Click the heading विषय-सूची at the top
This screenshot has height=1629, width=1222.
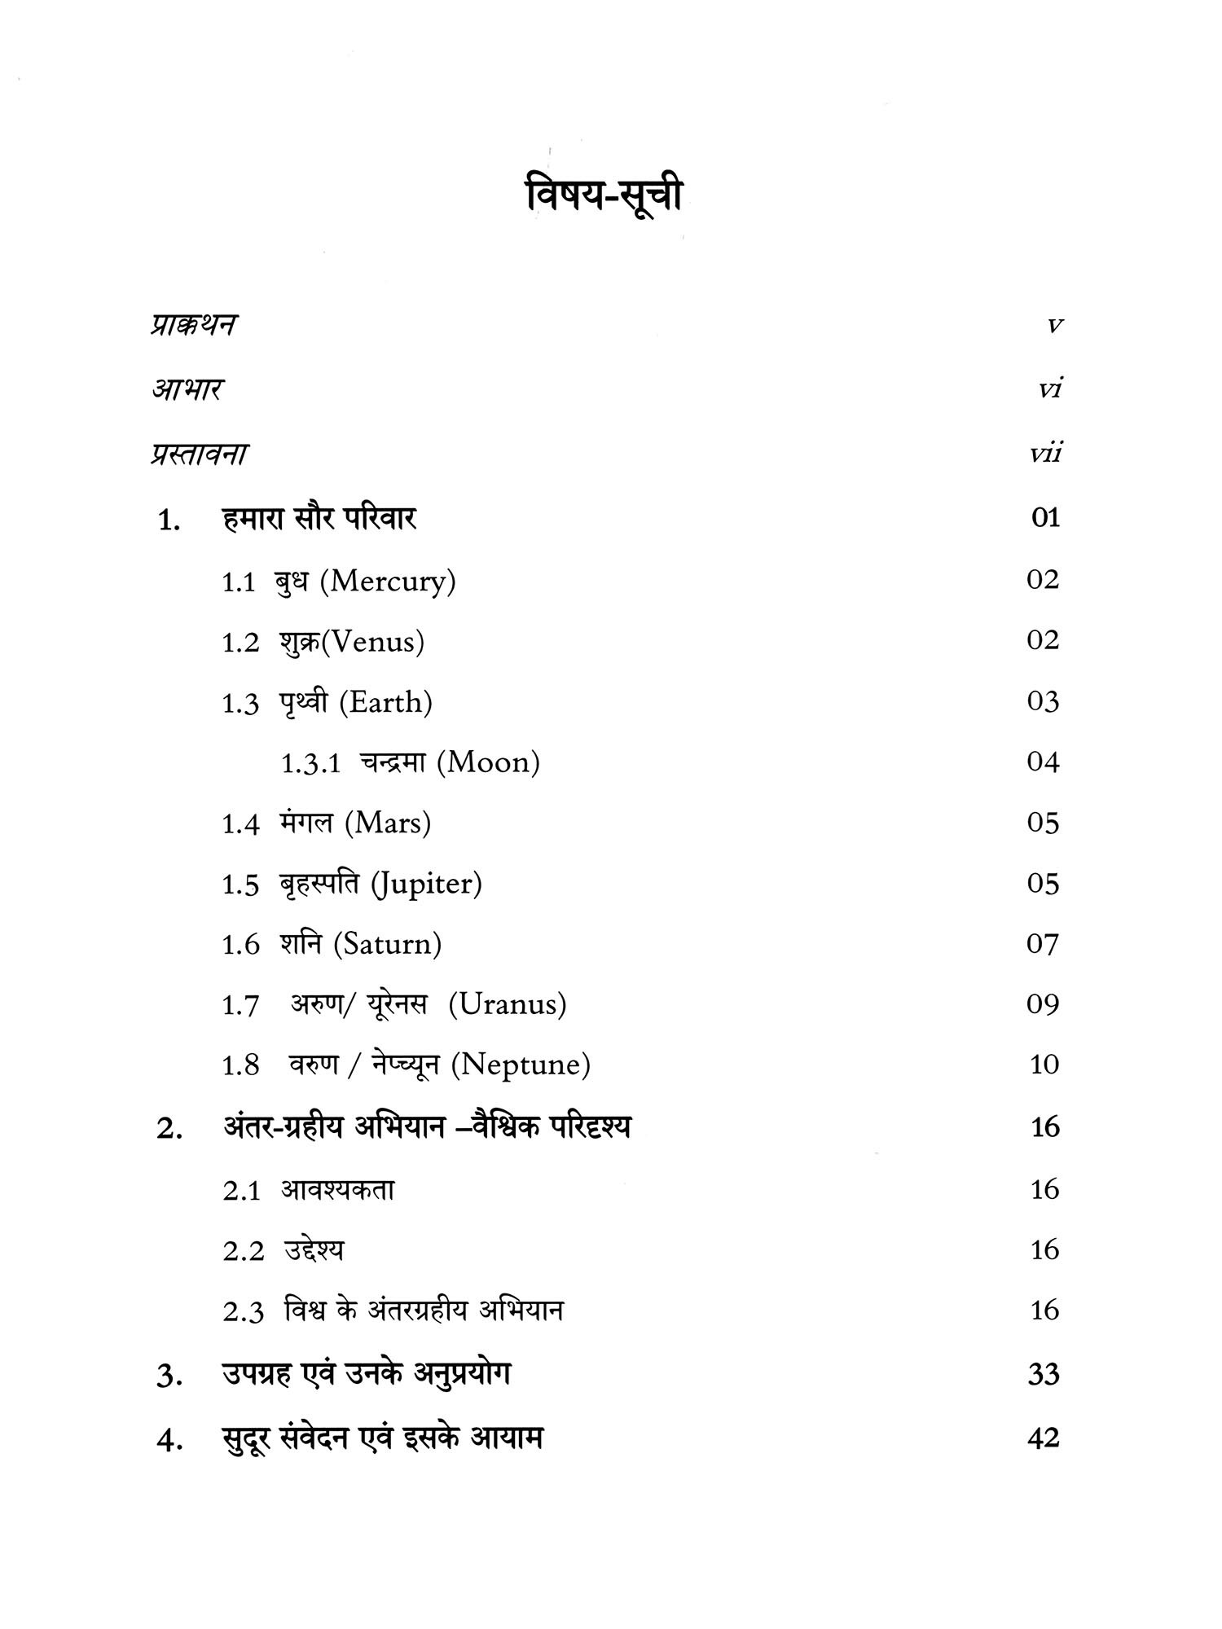click(x=604, y=198)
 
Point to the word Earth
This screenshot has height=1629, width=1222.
click(x=385, y=702)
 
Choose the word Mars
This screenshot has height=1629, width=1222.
click(x=388, y=823)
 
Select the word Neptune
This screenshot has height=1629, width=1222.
click(x=520, y=1065)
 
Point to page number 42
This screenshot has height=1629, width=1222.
click(x=1044, y=1438)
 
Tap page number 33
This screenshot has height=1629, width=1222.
click(x=1044, y=1375)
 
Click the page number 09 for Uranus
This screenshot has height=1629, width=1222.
click(x=1043, y=1004)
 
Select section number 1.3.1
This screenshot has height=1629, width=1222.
click(x=310, y=764)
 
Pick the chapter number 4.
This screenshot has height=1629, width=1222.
click(x=168, y=1441)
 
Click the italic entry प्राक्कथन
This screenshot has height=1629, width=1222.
click(x=194, y=325)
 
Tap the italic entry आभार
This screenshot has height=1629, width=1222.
click(x=187, y=389)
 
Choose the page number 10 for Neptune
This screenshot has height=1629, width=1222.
click(x=1044, y=1065)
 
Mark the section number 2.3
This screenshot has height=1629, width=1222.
click(x=243, y=1313)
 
